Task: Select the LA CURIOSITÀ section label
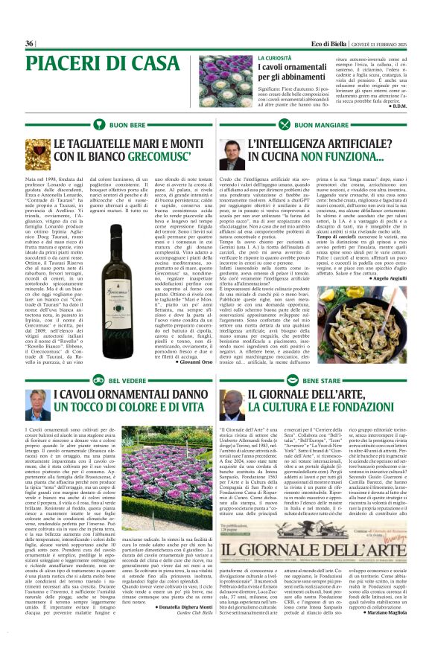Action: (x=275, y=57)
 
